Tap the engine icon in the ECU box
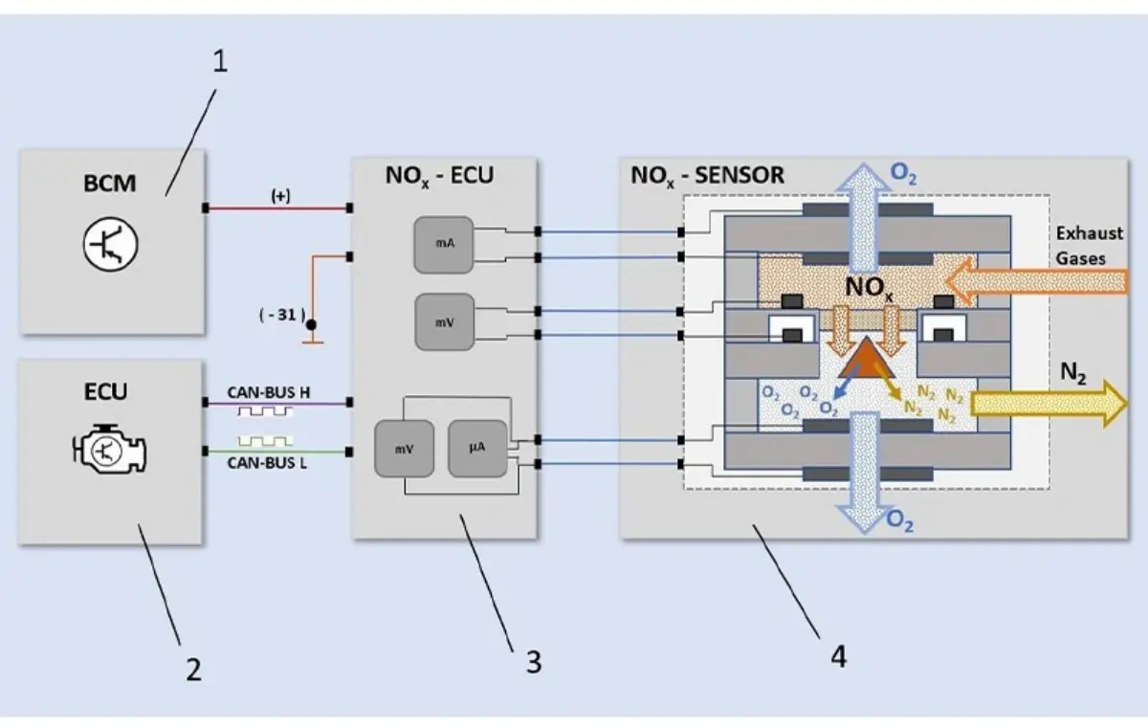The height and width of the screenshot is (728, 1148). point(111,449)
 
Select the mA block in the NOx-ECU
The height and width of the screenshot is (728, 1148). point(445,243)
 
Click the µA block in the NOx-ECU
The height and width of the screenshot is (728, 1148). point(475,447)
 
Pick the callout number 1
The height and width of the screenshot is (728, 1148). point(220,63)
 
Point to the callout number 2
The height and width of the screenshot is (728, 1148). point(193,669)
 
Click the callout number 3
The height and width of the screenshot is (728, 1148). point(533,661)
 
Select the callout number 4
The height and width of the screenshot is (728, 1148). point(838,657)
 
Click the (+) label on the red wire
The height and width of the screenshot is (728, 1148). point(281,194)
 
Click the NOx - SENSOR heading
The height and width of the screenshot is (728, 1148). point(707,175)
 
